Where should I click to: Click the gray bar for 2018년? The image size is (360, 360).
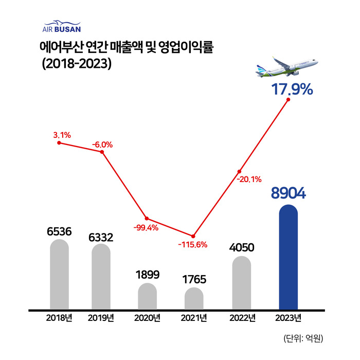(59, 275)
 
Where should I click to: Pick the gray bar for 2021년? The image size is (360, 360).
(194, 299)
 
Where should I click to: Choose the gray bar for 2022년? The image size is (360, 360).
(241, 283)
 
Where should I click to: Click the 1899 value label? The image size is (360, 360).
(147, 274)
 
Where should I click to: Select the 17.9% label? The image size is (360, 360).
(292, 89)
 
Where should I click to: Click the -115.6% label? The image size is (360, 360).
(192, 245)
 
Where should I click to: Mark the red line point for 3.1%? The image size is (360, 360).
(59, 143)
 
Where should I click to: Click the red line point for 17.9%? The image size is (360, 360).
(289, 100)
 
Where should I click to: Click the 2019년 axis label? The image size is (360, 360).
(101, 317)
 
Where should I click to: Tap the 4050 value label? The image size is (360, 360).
(241, 247)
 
